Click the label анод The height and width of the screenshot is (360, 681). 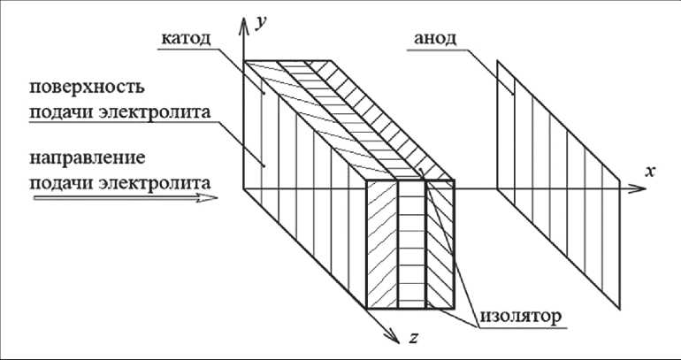click(436, 40)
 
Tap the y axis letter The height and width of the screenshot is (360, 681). click(262, 23)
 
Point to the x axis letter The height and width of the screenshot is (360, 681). click(650, 172)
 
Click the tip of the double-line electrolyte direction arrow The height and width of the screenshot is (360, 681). click(216, 199)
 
